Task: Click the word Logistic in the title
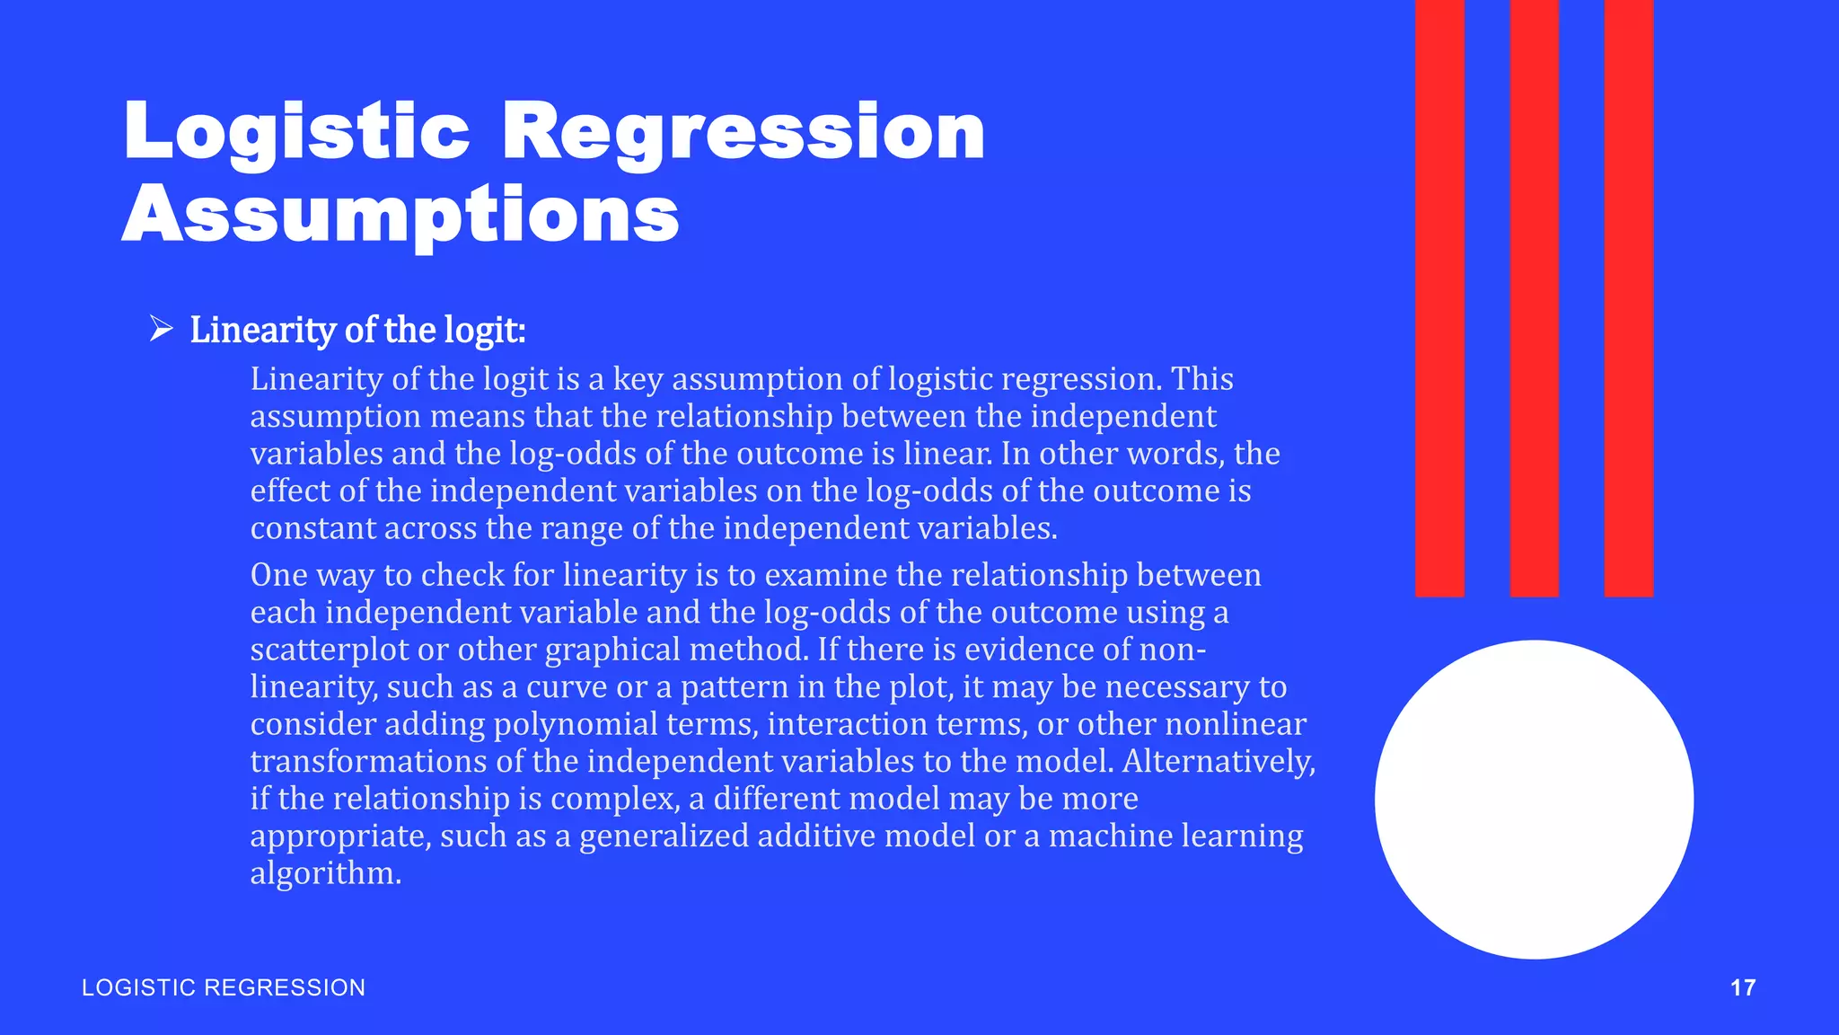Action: coord(296,133)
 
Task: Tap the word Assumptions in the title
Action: coord(400,216)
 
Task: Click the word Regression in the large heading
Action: coord(744,133)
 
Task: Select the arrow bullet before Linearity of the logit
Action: coord(162,329)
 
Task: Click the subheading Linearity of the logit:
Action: coord(357,331)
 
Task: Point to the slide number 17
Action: coord(1742,987)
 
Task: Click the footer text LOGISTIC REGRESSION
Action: coord(224,987)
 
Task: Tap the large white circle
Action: coord(1534,799)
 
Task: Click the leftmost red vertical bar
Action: coord(1439,296)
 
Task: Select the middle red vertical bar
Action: coord(1534,296)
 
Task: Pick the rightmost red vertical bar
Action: coord(1628,296)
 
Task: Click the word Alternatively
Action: coord(1219,762)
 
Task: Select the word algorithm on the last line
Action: coord(324,873)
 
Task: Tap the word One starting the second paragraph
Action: coord(278,575)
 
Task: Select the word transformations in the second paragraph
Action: coord(368,762)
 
